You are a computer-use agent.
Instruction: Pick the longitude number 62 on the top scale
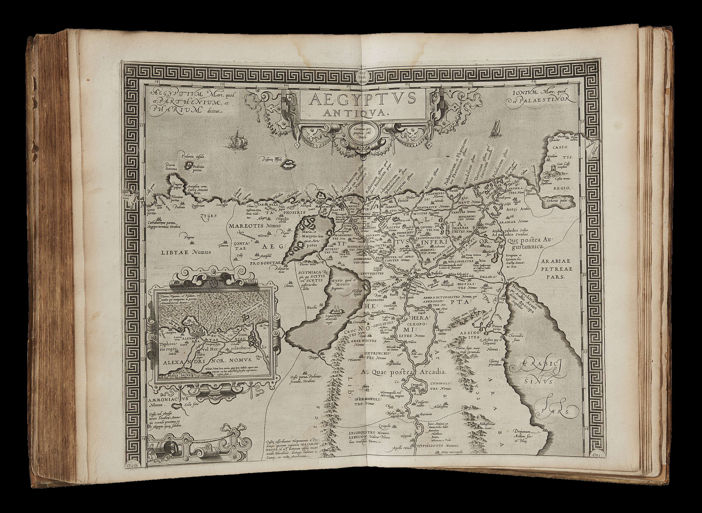[x=407, y=84]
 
